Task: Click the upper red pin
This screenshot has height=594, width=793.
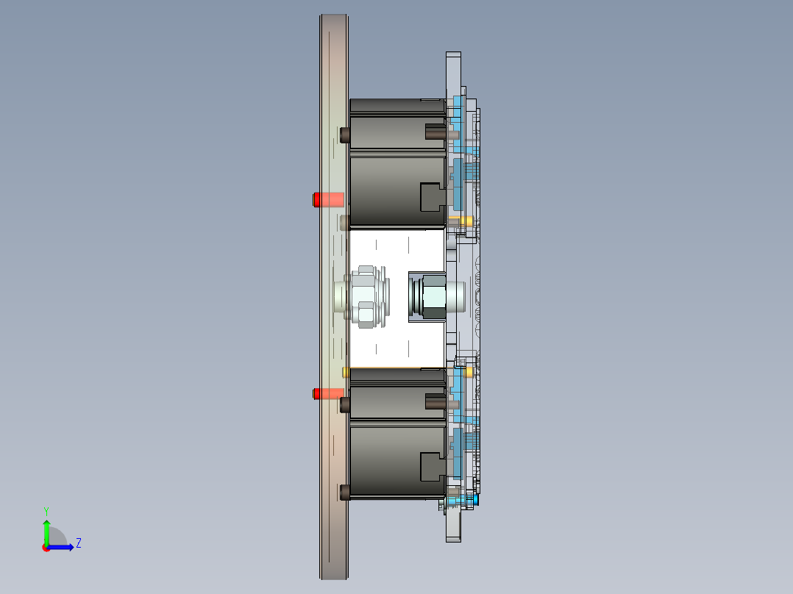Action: (328, 199)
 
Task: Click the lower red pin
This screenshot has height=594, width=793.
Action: (328, 393)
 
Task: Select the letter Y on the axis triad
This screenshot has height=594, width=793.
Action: (46, 509)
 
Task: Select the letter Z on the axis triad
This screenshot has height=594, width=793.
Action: (78, 543)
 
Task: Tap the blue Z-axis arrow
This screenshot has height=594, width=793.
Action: (63, 547)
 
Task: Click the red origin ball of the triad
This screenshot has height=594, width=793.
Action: (46, 548)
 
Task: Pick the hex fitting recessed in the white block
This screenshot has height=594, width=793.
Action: (433, 296)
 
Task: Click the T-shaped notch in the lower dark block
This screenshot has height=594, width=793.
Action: (431, 467)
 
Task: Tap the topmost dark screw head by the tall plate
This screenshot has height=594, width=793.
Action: (344, 135)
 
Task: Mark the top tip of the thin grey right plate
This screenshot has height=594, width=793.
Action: (453, 54)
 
